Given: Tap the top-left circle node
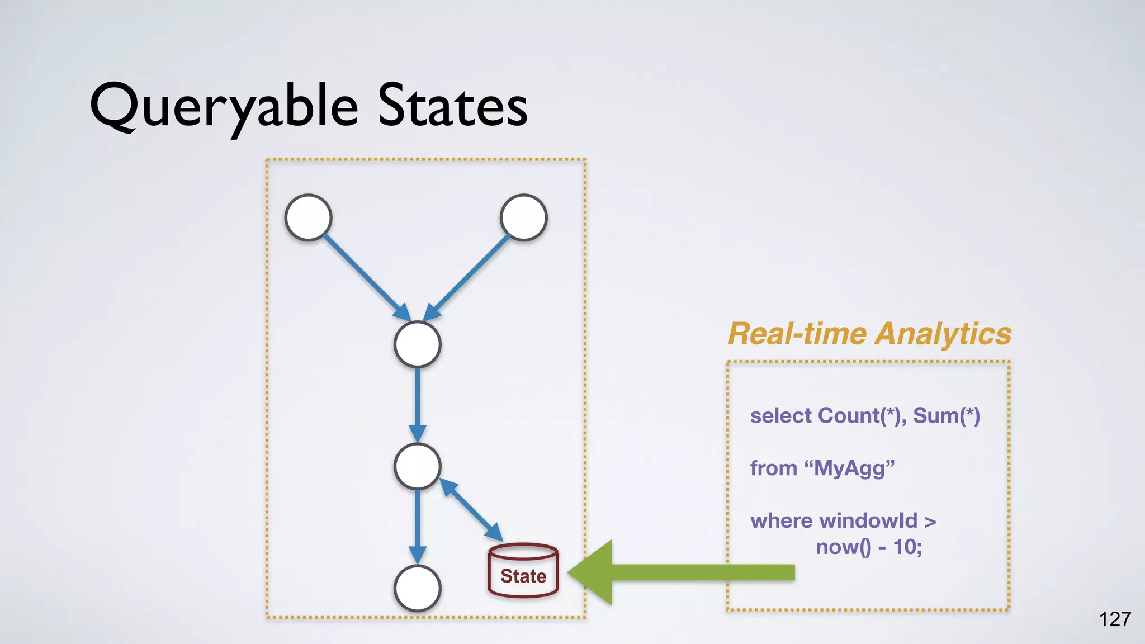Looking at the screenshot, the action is [x=309, y=217].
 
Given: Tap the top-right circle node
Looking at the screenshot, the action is [x=524, y=217].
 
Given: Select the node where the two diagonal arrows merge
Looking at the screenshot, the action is [x=418, y=344].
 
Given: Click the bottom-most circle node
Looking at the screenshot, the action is [x=418, y=588].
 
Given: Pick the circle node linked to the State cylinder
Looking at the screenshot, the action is [x=418, y=466].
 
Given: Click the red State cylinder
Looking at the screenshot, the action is [x=523, y=571].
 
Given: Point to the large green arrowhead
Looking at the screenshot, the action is [x=593, y=572].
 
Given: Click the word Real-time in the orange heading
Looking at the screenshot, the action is [x=798, y=334].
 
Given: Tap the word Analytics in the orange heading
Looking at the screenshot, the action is [x=943, y=334].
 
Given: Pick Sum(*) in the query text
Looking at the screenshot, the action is [x=947, y=416].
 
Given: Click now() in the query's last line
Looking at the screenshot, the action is [x=843, y=547].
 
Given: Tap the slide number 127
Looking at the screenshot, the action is [x=1115, y=619].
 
